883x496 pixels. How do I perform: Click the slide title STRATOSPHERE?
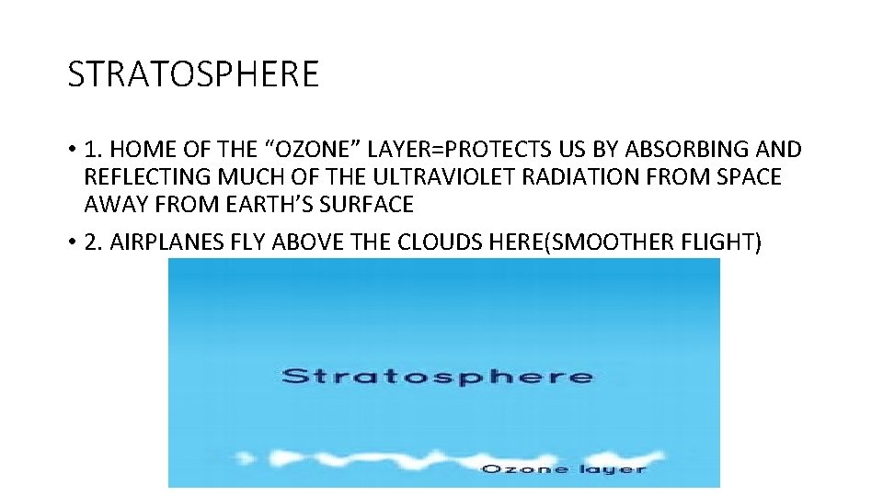(x=193, y=74)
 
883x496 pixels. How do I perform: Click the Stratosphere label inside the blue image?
(x=437, y=376)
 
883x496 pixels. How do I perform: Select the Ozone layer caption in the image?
(x=564, y=468)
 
